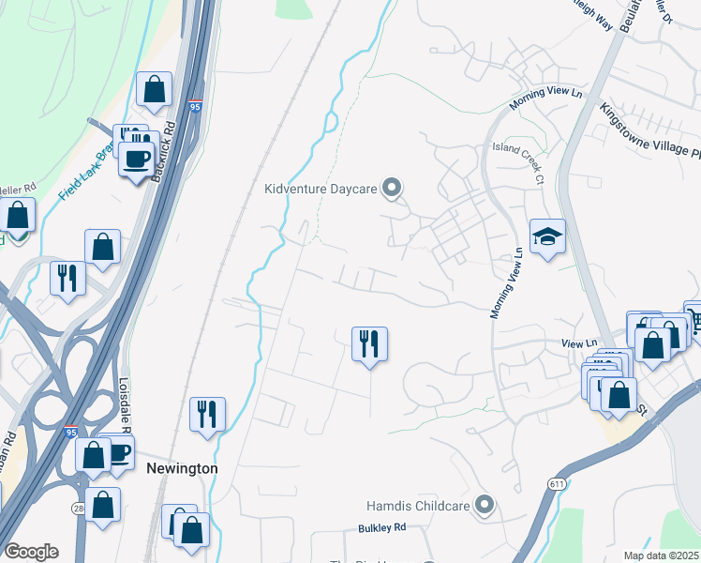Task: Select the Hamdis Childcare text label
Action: click(x=419, y=506)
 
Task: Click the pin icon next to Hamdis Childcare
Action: click(x=485, y=506)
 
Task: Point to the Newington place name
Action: click(x=182, y=468)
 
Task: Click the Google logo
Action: click(x=31, y=552)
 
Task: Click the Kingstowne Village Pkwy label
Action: click(x=650, y=130)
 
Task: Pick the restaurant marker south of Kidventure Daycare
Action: click(x=369, y=342)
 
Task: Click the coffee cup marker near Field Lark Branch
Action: click(x=137, y=159)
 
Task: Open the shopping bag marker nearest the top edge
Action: click(x=154, y=89)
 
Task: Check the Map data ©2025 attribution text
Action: click(x=662, y=555)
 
